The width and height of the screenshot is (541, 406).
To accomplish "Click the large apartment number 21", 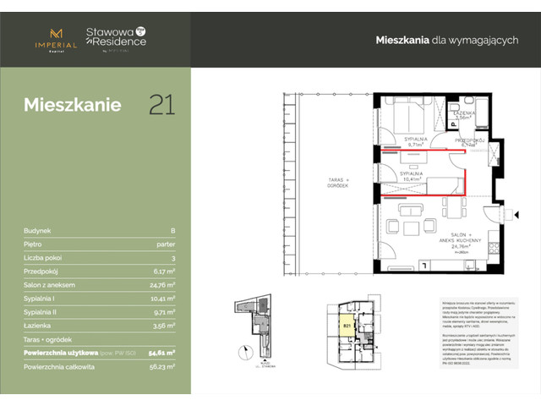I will tap(162, 105).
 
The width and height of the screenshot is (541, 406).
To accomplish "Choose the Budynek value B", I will tap(172, 229).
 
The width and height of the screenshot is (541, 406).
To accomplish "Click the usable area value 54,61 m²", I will tap(161, 352).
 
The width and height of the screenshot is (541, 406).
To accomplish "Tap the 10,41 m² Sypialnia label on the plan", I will tap(413, 176).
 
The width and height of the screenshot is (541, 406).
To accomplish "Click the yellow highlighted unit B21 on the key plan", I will tap(347, 324).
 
